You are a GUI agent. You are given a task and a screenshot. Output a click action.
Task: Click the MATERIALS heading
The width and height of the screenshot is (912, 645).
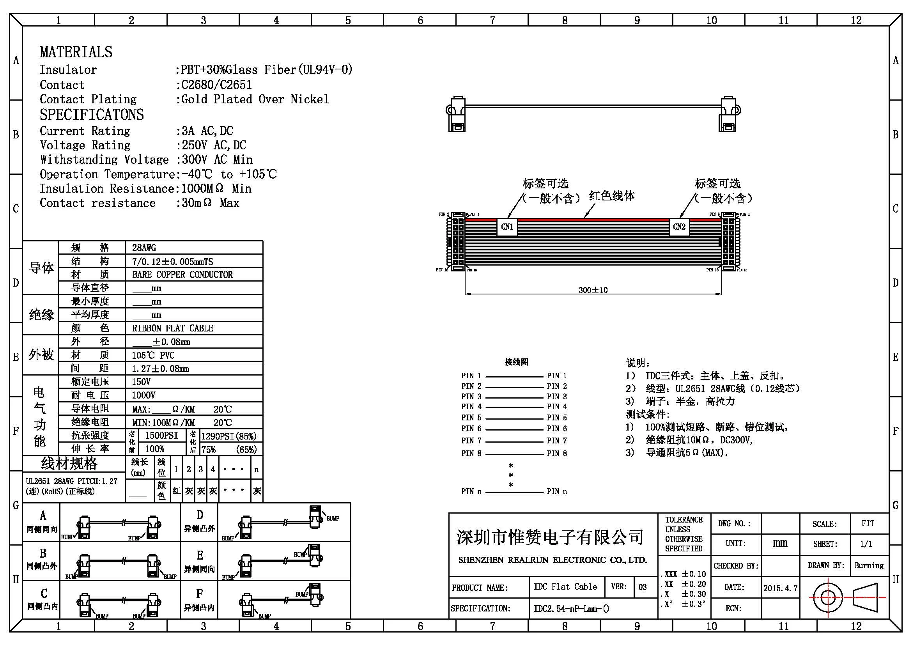(76, 52)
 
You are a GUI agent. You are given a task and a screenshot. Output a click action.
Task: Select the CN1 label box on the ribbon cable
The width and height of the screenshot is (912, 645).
(507, 227)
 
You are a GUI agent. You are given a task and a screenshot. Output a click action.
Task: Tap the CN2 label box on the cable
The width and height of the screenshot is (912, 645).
(679, 227)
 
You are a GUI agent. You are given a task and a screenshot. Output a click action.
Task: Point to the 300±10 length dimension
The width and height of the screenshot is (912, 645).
(593, 290)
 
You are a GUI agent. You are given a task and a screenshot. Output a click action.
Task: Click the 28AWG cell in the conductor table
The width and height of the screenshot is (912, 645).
(144, 248)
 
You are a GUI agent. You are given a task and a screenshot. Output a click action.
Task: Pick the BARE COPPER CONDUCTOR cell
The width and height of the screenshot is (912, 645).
(182, 275)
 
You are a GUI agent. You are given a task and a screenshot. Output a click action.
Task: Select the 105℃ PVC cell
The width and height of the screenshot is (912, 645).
(153, 355)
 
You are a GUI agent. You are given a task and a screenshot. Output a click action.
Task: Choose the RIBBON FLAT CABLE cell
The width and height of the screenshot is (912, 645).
(173, 328)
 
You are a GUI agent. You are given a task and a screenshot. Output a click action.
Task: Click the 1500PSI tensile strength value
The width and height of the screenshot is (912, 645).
(161, 435)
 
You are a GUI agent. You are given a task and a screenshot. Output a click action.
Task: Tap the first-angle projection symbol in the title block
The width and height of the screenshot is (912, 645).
(848, 597)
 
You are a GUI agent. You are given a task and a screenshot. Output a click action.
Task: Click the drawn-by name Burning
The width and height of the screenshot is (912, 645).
(869, 565)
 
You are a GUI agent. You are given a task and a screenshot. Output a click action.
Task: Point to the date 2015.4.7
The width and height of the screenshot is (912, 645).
(780, 588)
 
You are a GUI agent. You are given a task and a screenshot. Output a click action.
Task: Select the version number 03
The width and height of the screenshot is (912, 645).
(643, 587)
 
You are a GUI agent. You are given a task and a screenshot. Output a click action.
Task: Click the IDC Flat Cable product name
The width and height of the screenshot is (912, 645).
(565, 587)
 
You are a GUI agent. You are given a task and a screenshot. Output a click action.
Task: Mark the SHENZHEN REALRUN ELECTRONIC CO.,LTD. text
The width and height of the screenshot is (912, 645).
(553, 560)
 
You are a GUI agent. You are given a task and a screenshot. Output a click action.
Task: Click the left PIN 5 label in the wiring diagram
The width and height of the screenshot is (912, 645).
(471, 417)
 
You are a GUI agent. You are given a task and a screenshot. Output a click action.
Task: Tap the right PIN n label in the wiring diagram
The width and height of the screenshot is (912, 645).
(556, 491)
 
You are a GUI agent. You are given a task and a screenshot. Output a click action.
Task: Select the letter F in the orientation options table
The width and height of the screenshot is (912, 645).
(199, 594)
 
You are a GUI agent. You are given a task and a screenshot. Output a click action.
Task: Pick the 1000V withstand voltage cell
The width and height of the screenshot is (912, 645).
(143, 395)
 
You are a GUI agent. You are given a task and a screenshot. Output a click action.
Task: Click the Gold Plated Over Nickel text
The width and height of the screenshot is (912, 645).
(255, 99)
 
